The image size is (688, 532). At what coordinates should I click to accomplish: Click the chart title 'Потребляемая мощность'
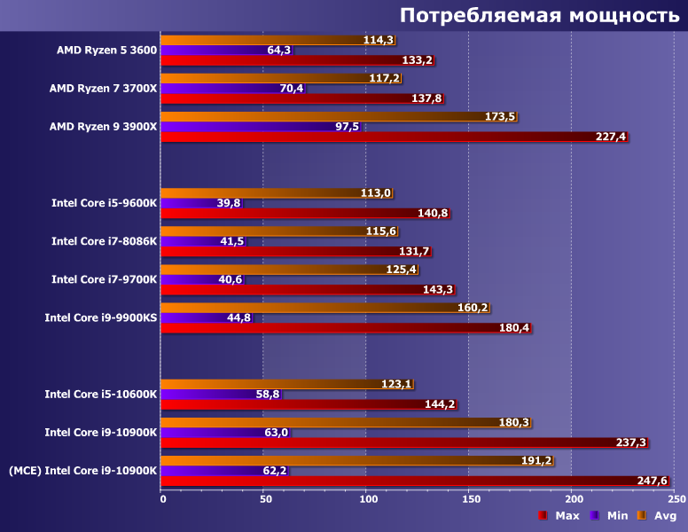click(539, 15)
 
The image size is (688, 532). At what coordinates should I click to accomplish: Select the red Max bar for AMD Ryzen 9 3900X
click(390, 137)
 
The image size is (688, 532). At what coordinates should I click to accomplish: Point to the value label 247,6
click(652, 481)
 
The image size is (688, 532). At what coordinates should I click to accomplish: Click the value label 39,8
click(228, 203)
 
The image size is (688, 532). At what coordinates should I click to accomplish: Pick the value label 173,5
click(501, 117)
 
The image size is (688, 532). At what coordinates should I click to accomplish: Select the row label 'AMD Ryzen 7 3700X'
click(103, 88)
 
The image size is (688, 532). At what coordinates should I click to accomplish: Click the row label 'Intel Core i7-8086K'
click(104, 240)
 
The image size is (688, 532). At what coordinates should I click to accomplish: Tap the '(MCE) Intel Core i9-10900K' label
click(83, 470)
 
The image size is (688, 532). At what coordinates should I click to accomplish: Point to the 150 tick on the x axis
click(468, 498)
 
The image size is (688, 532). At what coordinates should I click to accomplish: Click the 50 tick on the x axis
click(263, 498)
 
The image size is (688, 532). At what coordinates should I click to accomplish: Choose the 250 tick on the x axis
click(674, 498)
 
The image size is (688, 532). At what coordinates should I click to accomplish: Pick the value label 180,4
click(514, 328)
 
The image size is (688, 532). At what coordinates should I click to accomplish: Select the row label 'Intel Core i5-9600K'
click(104, 202)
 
